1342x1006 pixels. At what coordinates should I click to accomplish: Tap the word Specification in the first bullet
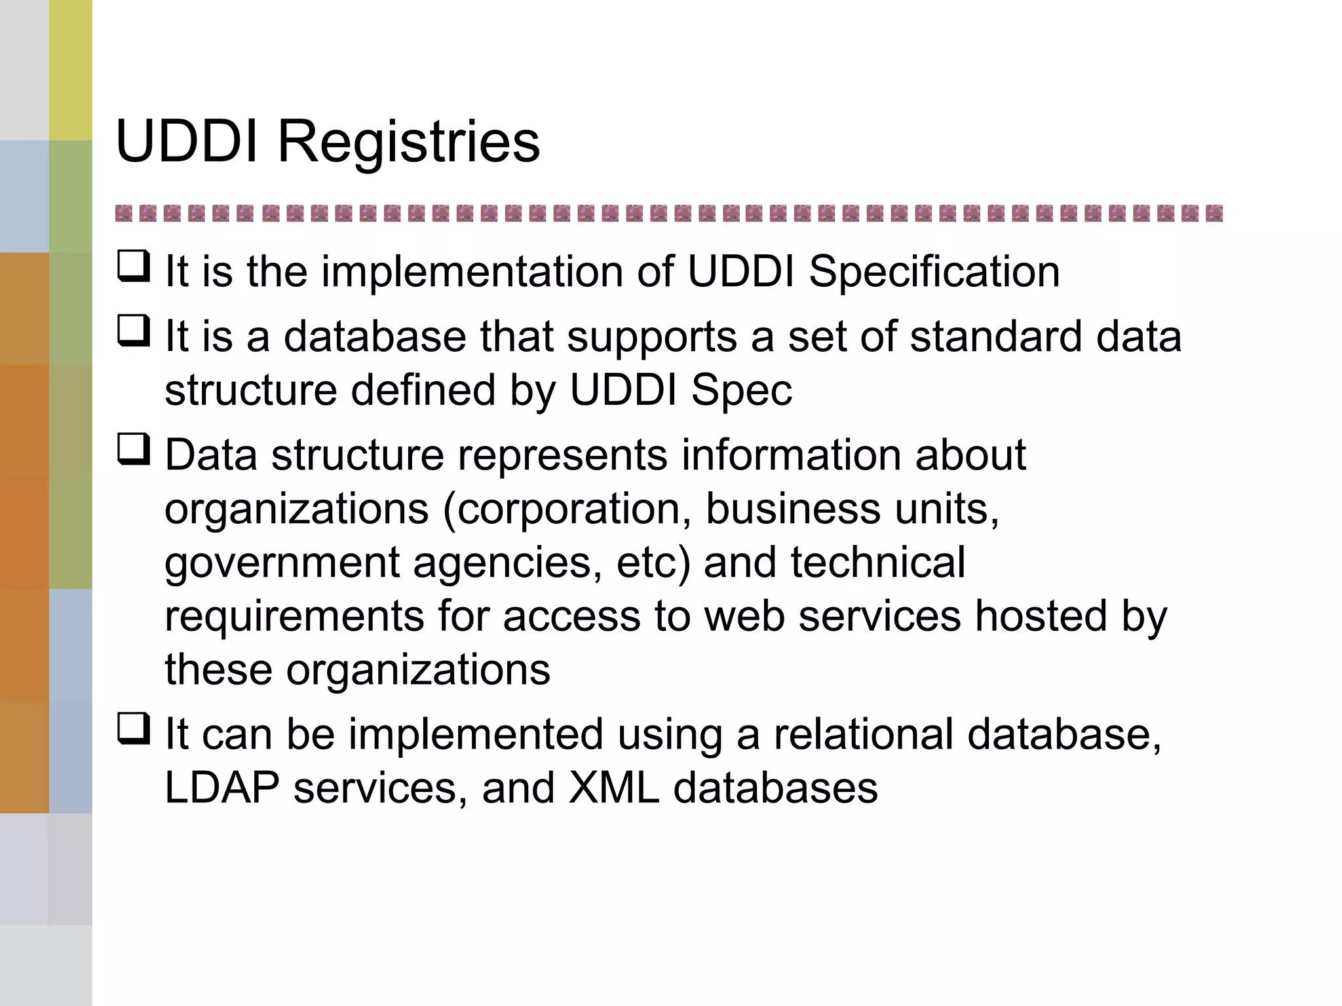coord(934,271)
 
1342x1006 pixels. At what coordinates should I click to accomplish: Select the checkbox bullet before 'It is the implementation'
coord(134,267)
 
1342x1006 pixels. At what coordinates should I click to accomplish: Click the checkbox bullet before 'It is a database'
coord(134,331)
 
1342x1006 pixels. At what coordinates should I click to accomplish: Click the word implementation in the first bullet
coord(472,271)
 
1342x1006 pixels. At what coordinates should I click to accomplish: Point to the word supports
coord(651,338)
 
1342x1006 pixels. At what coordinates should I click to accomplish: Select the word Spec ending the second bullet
coord(741,390)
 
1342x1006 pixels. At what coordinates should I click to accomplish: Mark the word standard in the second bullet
coord(997,337)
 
